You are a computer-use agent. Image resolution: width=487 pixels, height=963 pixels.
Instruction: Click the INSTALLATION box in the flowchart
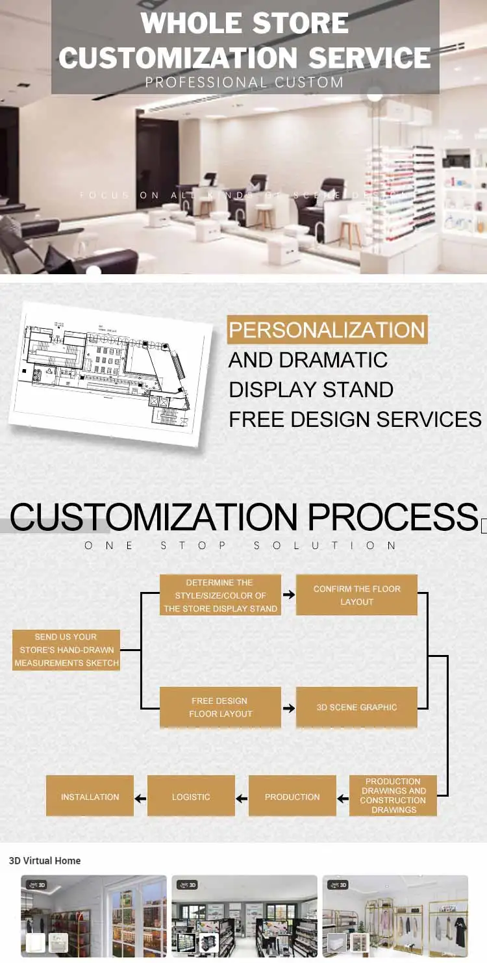point(90,796)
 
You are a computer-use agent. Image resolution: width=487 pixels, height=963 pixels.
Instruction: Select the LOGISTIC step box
point(191,796)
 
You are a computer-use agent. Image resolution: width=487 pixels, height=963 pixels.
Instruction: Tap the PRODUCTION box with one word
point(292,796)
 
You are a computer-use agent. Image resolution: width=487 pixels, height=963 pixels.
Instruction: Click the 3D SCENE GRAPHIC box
point(356,707)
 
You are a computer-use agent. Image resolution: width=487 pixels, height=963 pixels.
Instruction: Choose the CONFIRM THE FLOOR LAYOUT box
point(356,595)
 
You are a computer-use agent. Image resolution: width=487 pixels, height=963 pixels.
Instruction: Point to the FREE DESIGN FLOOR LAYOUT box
point(220,707)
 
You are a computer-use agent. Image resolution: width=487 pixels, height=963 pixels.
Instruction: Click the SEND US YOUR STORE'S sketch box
point(66,650)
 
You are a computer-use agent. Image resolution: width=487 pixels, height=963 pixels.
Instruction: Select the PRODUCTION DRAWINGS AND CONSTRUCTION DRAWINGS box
point(393,795)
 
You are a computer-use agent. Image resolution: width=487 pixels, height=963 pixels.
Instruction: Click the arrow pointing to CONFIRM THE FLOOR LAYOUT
point(289,595)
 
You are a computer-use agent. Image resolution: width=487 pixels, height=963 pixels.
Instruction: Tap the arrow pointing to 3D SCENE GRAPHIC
point(289,707)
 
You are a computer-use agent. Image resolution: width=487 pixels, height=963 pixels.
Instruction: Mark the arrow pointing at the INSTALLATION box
point(140,797)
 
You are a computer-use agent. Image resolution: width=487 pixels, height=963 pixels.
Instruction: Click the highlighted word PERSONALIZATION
point(327,330)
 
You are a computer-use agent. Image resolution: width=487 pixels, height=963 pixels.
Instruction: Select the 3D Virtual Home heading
point(45,860)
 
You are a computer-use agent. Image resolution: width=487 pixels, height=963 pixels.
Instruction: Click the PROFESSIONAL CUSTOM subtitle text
point(244,83)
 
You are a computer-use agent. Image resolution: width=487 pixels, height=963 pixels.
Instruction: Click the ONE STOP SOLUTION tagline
point(240,545)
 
